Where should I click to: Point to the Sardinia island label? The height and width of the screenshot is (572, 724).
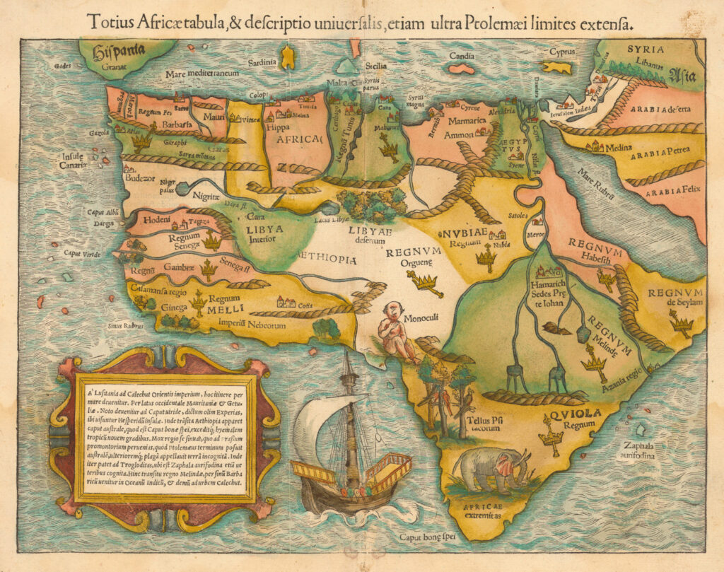coord(261,62)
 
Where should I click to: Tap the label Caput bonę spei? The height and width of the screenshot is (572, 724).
coord(426,539)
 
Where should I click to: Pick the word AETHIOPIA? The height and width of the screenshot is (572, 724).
coord(327,259)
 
